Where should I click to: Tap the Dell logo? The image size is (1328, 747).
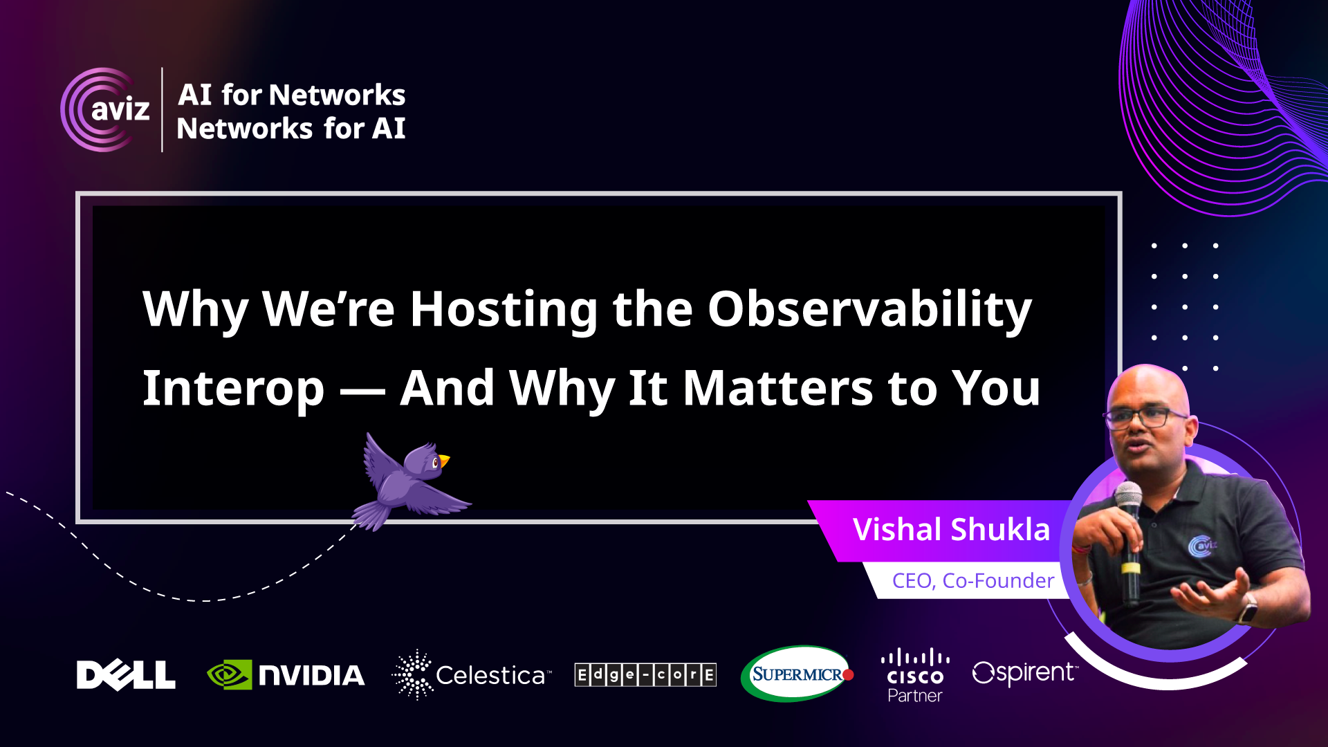126,675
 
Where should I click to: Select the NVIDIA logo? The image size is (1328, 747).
286,675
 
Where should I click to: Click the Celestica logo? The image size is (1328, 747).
472,675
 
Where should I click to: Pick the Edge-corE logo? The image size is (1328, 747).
645,674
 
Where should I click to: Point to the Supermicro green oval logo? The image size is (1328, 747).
797,674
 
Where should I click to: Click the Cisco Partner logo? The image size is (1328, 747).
915,675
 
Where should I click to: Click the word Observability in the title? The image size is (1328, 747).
869,309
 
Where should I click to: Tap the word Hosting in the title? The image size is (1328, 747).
504,309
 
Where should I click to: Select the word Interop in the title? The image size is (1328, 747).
233,389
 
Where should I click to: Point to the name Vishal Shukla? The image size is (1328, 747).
951,530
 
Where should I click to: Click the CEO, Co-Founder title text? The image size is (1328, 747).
973,580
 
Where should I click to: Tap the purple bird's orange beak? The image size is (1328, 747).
444,460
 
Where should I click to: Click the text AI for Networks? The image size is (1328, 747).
291,95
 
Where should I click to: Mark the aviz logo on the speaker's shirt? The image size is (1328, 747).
1201,546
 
